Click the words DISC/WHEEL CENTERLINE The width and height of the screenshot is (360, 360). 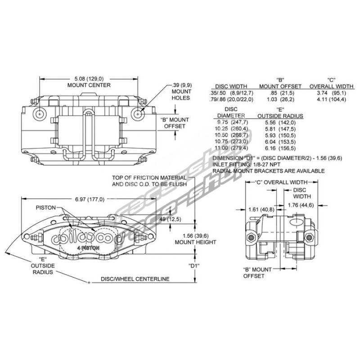pyautogui.click(x=135, y=279)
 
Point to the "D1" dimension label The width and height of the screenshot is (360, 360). pyautogui.click(x=194, y=265)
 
